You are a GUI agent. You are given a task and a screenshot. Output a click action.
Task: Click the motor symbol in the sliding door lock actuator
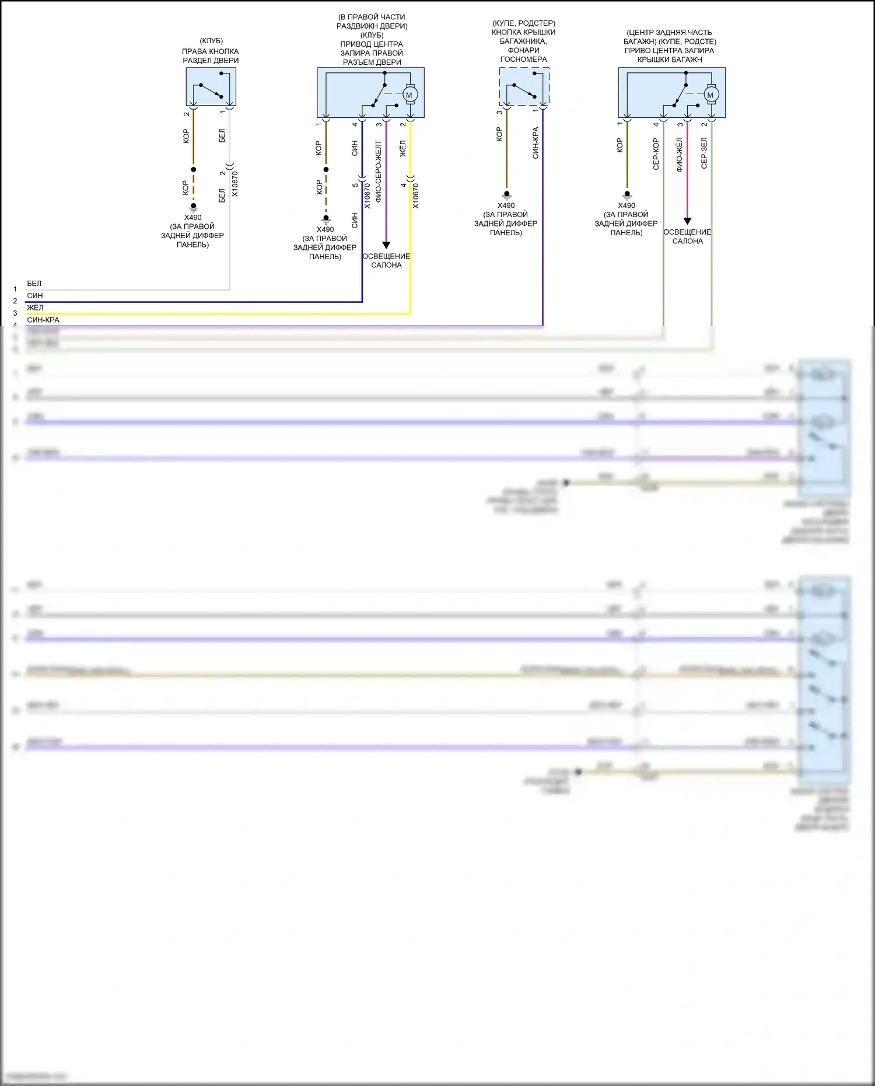(409, 95)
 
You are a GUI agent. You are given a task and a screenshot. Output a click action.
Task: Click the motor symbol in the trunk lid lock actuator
(710, 95)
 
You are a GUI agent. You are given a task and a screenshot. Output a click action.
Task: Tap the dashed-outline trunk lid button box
(524, 86)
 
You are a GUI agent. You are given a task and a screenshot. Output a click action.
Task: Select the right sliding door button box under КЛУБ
(211, 86)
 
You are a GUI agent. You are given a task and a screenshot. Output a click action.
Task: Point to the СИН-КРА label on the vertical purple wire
(535, 143)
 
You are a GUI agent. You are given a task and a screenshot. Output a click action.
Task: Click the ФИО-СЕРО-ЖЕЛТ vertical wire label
(378, 171)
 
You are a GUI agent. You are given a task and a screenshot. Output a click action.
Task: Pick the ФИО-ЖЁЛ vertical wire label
(679, 155)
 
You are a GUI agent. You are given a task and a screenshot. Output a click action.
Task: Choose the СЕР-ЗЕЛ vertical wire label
(703, 153)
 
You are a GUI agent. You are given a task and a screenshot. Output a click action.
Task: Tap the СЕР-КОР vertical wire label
(656, 154)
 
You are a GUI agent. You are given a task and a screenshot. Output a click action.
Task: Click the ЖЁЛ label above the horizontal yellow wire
(35, 308)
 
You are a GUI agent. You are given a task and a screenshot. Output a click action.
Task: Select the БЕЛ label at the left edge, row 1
(34, 284)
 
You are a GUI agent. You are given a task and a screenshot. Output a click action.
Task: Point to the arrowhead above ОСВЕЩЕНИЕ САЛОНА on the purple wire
(386, 245)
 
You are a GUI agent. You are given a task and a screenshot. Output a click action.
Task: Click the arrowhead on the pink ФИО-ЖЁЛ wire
(687, 221)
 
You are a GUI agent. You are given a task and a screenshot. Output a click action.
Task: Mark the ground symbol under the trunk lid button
(506, 194)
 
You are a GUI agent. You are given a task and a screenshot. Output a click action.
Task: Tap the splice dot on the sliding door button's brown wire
(194, 170)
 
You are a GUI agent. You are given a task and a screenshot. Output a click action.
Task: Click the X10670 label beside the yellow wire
(415, 196)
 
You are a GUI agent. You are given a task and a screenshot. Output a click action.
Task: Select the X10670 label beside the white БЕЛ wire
(235, 184)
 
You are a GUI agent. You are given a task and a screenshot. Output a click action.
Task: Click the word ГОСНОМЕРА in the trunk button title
(523, 60)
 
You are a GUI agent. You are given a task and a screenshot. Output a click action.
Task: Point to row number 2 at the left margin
(15, 301)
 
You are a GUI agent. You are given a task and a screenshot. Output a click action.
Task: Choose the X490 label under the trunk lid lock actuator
(626, 205)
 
